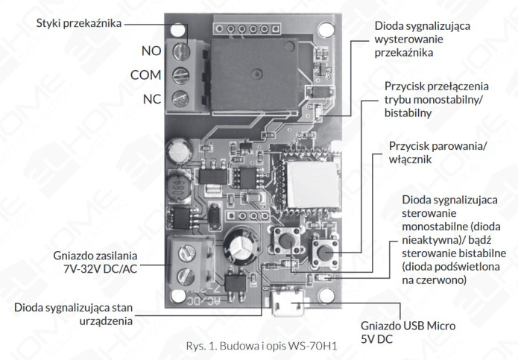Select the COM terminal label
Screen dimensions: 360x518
pos(145,75)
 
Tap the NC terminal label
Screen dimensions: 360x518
pos(152,98)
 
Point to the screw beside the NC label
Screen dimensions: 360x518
pos(180,98)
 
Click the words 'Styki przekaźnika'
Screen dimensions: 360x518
pos(79,22)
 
